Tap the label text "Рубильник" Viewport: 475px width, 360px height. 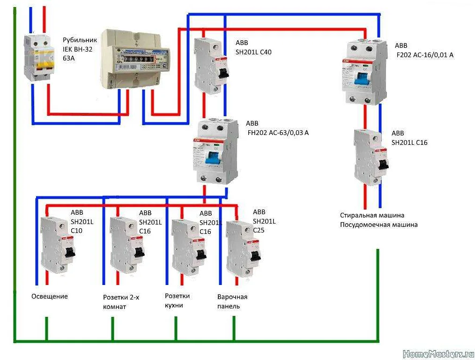tap(80, 40)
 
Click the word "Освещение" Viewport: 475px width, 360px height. tap(50, 296)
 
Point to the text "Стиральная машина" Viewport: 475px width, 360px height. tap(372, 215)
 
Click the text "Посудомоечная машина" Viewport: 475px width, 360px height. tap(379, 225)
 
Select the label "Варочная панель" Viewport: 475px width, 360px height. tap(232, 301)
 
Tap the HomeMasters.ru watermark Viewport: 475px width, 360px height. tap(438, 353)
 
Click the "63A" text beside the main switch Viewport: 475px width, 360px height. tap(69, 58)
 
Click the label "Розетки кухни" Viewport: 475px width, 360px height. tap(178, 300)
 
